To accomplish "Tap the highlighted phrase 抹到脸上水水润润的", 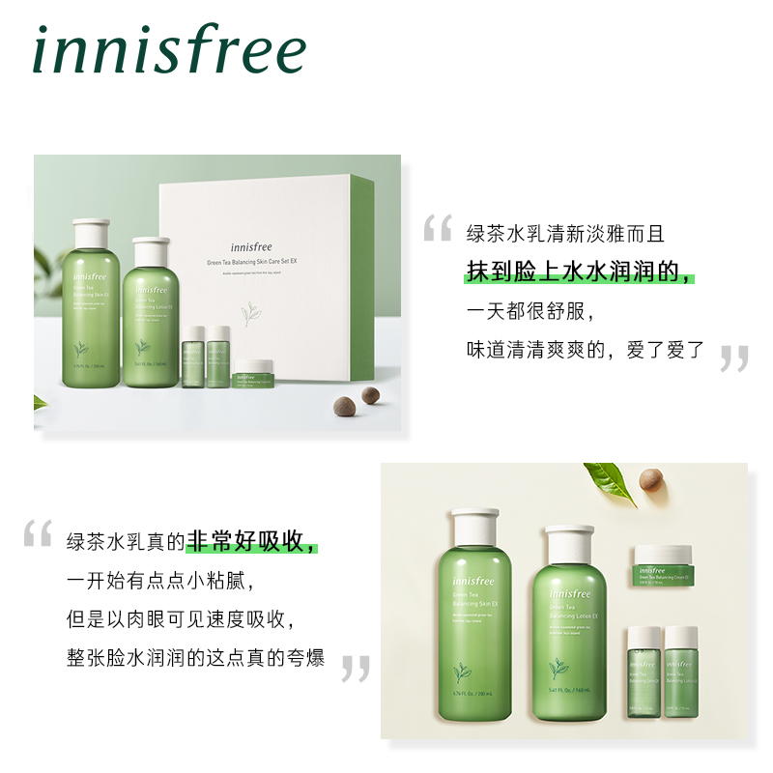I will pyautogui.click(x=579, y=272).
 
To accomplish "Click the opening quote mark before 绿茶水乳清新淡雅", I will pyautogui.click(x=438, y=229).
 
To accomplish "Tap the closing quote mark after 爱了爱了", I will pyautogui.click(x=734, y=358).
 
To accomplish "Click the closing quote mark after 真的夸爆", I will pyautogui.click(x=356, y=668).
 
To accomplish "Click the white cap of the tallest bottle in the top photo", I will pyautogui.click(x=92, y=232).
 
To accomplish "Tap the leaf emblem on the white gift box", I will pyautogui.click(x=254, y=315).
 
